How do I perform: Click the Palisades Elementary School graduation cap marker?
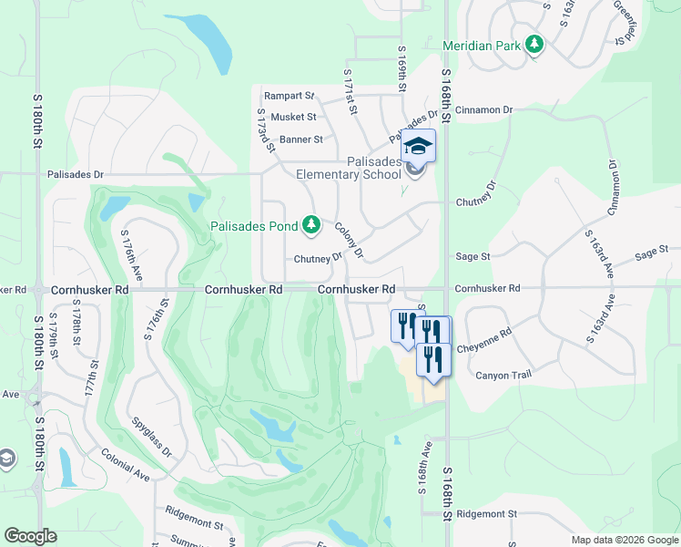point(419,146)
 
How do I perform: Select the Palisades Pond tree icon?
point(311,224)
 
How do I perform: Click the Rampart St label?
point(289,96)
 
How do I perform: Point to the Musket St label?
point(293,117)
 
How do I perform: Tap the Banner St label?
point(301,139)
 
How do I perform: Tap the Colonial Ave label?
point(126,464)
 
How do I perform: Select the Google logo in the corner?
point(30,536)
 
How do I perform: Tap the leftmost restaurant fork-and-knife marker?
point(406,324)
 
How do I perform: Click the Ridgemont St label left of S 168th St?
point(194,525)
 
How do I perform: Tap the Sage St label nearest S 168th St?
point(473,257)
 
